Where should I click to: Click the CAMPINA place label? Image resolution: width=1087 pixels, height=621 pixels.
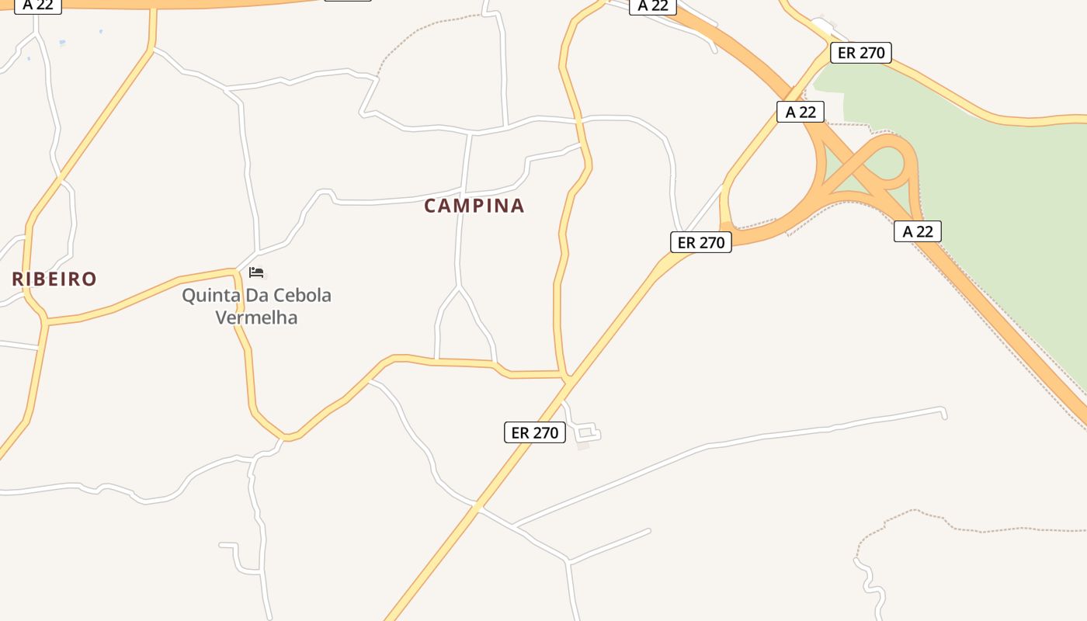coord(474,206)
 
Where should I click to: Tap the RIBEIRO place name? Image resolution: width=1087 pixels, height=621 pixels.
coord(54,279)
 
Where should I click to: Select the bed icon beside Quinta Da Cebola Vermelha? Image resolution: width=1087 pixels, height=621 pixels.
coord(256,272)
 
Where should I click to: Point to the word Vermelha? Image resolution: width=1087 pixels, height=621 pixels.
coord(256,317)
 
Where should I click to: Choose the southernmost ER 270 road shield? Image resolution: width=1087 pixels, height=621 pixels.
coord(535,432)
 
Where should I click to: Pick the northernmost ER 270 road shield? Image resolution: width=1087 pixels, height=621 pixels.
coord(860,53)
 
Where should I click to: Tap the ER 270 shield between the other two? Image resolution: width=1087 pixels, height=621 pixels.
coord(701,242)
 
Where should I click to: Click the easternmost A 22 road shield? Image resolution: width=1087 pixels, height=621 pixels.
coord(917,231)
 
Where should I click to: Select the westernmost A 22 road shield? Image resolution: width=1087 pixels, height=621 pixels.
coord(37,5)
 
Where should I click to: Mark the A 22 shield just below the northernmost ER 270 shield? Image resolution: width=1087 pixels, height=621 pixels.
coord(800,112)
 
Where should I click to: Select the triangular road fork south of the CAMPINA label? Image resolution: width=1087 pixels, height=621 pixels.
coord(462,326)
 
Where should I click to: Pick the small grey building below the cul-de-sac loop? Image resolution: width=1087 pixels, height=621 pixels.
coord(583,446)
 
